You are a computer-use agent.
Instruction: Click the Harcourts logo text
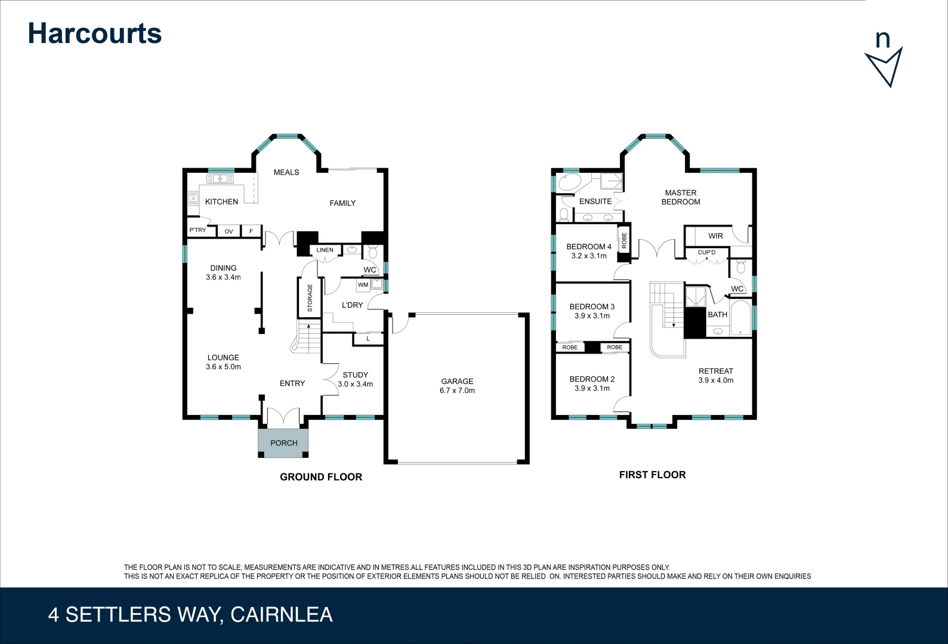(x=95, y=33)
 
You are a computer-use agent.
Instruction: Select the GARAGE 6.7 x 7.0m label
(x=457, y=386)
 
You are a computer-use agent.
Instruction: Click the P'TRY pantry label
(x=197, y=230)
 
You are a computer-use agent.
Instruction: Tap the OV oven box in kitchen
(x=228, y=231)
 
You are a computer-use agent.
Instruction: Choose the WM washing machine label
(x=363, y=285)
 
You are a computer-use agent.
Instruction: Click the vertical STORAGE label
(x=310, y=298)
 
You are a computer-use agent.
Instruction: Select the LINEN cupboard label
(x=325, y=250)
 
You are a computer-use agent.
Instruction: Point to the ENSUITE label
(x=595, y=202)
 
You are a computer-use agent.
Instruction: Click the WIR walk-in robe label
(x=715, y=236)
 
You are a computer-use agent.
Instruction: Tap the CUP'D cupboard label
(x=706, y=252)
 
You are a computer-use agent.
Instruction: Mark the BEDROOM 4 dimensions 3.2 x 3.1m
(x=589, y=256)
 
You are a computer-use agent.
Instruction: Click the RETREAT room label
(x=715, y=371)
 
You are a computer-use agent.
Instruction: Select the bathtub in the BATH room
(x=741, y=317)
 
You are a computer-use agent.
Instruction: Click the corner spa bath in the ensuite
(x=569, y=182)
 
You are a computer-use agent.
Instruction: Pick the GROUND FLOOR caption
(x=321, y=477)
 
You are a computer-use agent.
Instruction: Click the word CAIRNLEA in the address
(x=281, y=615)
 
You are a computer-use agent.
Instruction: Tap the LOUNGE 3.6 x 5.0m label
(x=223, y=362)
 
